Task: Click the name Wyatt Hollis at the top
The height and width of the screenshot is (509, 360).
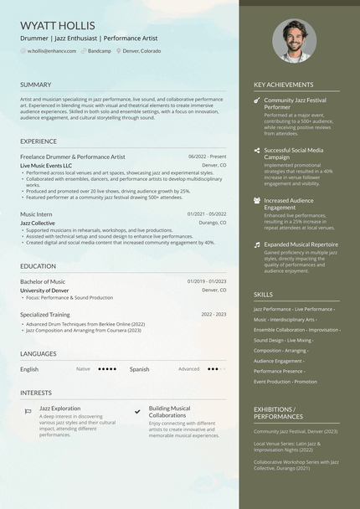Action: point(58,26)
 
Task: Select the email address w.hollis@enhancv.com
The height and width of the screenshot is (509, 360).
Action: point(51,51)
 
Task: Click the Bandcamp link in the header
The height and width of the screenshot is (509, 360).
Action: point(99,51)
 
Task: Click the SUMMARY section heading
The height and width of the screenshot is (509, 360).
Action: point(36,85)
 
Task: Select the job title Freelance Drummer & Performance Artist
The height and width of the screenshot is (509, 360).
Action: point(73,157)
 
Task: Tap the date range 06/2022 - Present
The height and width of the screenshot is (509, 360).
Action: point(207,157)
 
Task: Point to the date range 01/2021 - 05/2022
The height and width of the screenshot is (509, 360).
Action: point(207,214)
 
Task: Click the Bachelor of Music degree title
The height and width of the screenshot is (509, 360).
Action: point(43,281)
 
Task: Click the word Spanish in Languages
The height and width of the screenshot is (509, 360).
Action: point(139,368)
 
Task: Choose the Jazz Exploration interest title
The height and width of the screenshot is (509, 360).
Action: point(60,409)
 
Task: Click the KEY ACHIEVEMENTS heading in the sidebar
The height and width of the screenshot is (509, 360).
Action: point(284,85)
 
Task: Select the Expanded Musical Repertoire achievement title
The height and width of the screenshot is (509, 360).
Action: point(301,244)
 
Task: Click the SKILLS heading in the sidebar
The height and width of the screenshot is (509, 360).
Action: point(263,295)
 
